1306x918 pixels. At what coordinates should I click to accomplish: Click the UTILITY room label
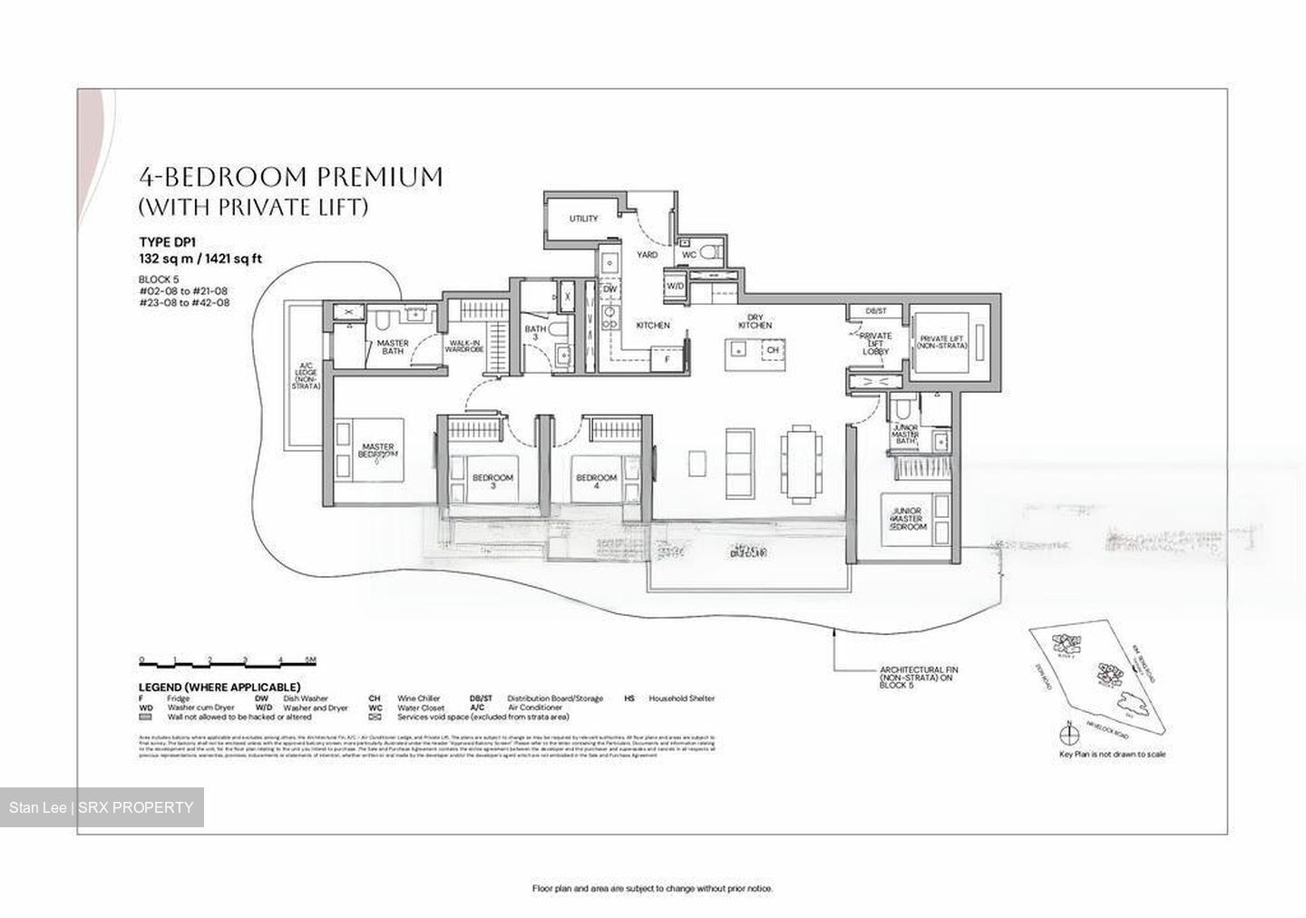tap(583, 219)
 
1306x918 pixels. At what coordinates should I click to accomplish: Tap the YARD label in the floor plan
tap(647, 255)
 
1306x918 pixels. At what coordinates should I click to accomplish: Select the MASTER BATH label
tap(393, 347)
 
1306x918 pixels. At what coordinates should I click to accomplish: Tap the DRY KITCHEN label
tap(755, 321)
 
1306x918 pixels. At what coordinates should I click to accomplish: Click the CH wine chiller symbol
tap(773, 349)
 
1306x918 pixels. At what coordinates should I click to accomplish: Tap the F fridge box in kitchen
tap(668, 359)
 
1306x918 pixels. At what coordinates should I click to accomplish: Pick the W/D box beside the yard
tap(675, 286)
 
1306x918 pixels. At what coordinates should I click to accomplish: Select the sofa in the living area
tap(740, 453)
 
